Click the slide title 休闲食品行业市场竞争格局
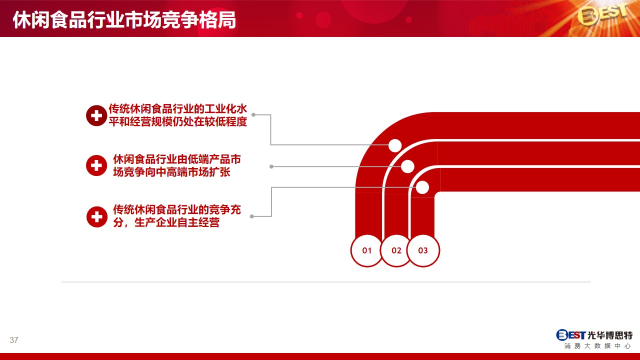[124, 20]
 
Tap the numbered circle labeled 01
[366, 250]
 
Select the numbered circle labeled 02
[396, 250]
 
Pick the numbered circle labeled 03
[423, 250]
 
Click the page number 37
[13, 340]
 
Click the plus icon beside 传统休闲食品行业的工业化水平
[96, 115]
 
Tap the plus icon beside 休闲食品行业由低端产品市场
[96, 165]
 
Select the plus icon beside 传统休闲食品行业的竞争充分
[97, 217]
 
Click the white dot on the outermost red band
[395, 145]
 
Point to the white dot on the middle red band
[407, 166]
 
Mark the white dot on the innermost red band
[422, 187]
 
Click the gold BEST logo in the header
[602, 15]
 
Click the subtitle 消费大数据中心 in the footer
[597, 346]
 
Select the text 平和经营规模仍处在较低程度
[177, 121]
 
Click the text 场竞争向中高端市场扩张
[171, 172]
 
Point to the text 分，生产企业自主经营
[166, 222]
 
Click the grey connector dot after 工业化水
[253, 115]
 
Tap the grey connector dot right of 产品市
[271, 166]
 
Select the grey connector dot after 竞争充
[251, 216]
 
